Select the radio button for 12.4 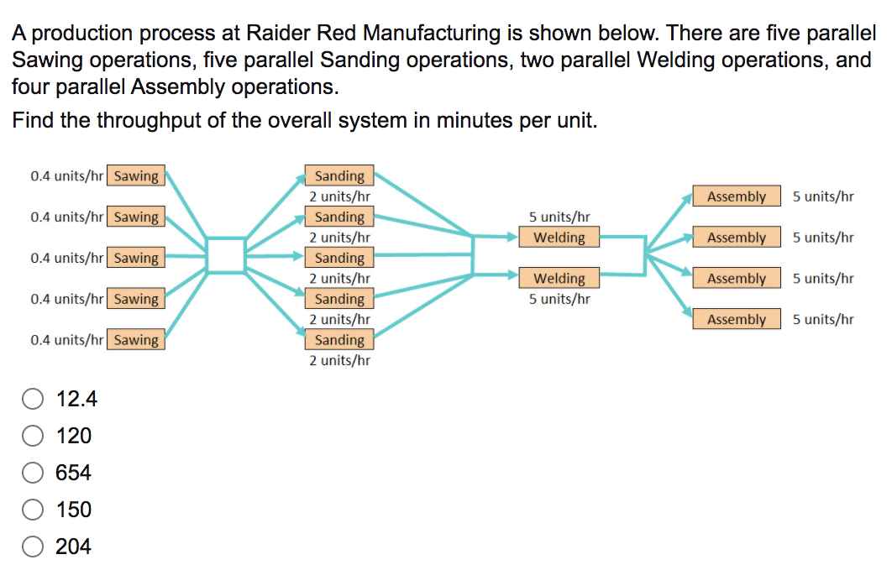(33, 400)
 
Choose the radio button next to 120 (33, 436)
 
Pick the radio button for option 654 (33, 473)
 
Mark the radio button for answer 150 (33, 510)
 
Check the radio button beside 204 (33, 547)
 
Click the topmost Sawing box (136, 175)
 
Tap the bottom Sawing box (136, 340)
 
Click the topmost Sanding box (339, 175)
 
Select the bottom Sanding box (339, 340)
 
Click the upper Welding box (559, 238)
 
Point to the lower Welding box (559, 278)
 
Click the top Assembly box (737, 196)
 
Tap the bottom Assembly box (737, 319)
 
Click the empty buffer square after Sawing (225, 255)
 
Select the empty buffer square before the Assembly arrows (622, 255)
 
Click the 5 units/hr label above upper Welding (559, 217)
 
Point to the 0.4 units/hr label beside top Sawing (66, 176)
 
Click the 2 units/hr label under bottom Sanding (339, 360)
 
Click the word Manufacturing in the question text (425, 34)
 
